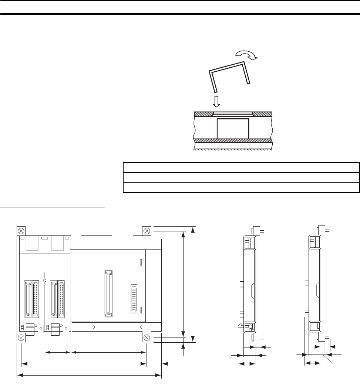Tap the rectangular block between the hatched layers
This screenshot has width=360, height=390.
pos(232,128)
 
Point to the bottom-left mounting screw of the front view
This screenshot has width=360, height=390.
pos(21,338)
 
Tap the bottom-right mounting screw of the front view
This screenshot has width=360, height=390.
pos(147,338)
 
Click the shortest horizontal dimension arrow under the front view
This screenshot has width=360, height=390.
pos(57,353)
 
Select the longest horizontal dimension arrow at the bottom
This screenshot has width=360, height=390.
pos(89,376)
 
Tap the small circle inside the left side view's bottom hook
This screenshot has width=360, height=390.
pos(250,326)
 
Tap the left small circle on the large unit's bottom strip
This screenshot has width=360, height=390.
pos(93,327)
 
